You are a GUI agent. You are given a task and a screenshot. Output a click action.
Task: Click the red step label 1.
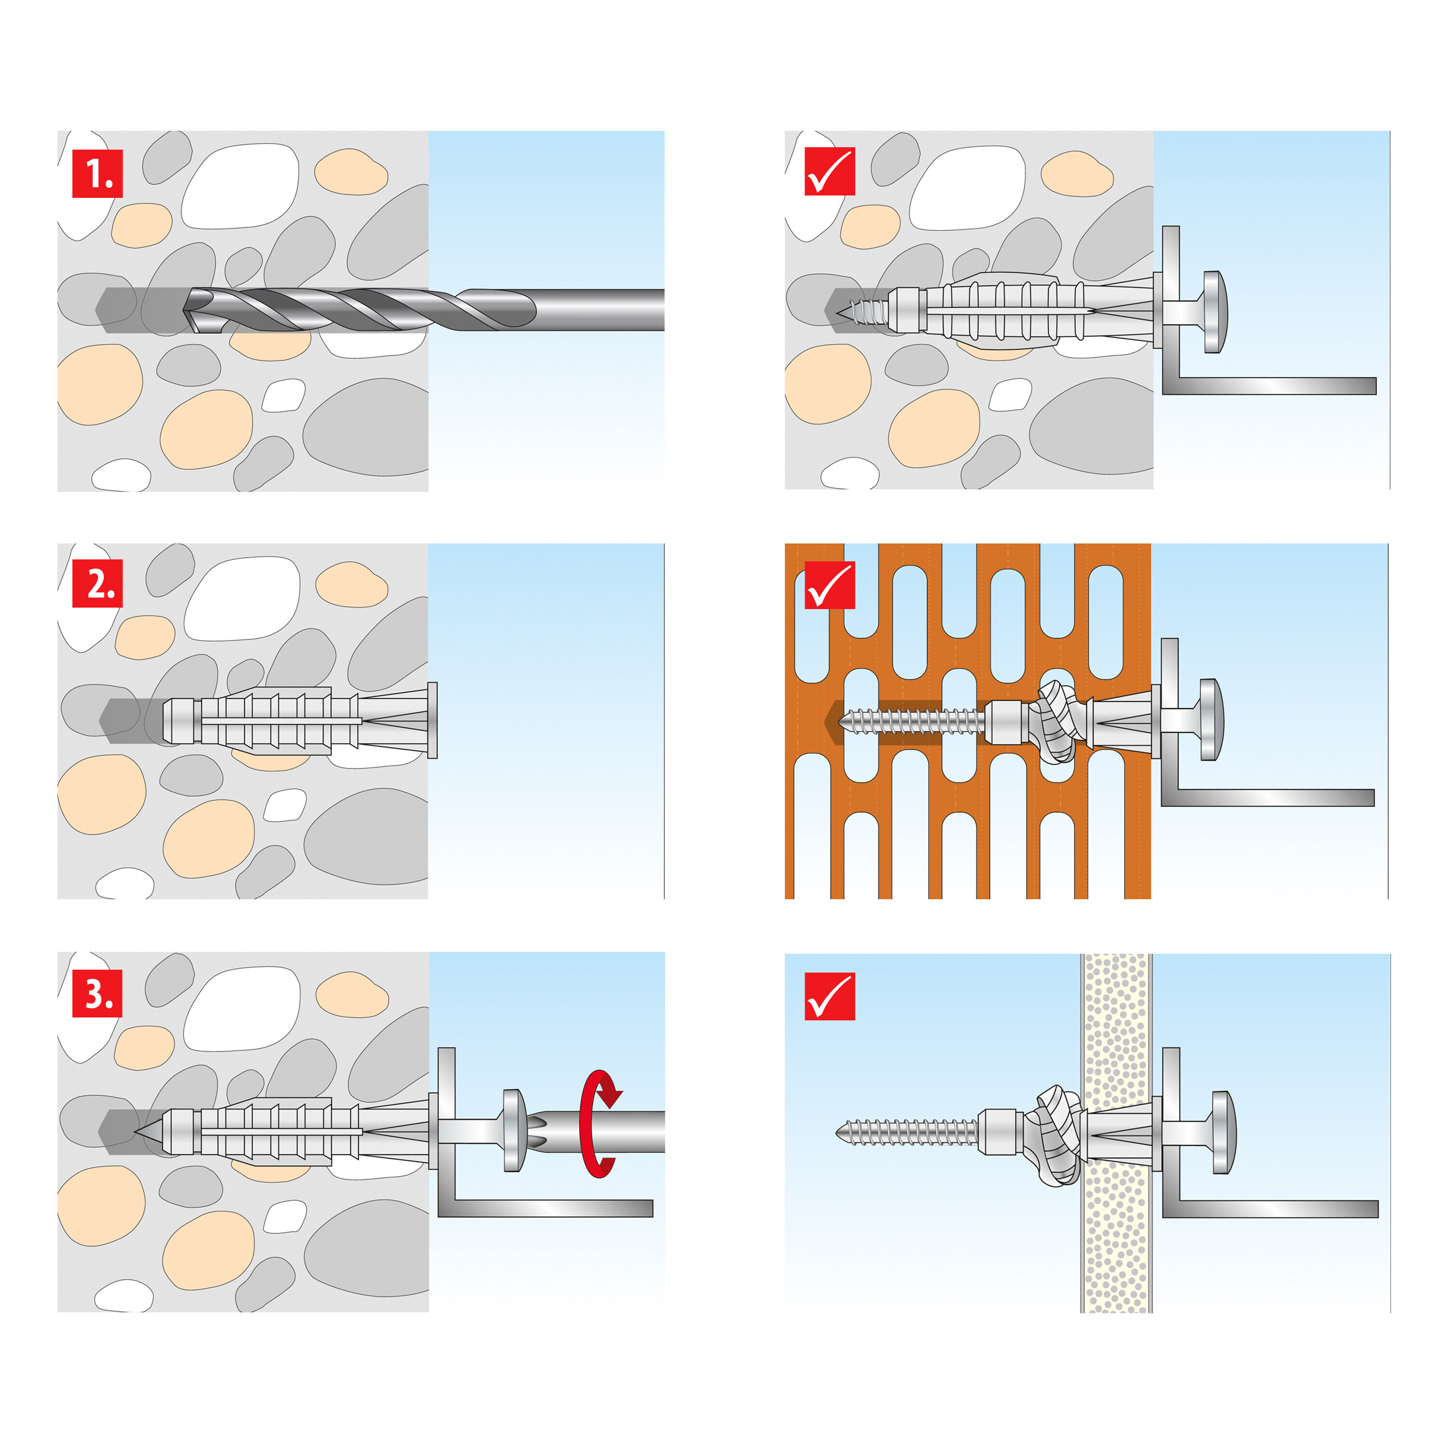[x=97, y=174]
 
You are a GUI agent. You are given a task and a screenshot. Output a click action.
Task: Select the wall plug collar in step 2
[x=432, y=720]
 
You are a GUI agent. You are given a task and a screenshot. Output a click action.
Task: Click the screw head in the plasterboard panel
[x=1222, y=1133]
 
